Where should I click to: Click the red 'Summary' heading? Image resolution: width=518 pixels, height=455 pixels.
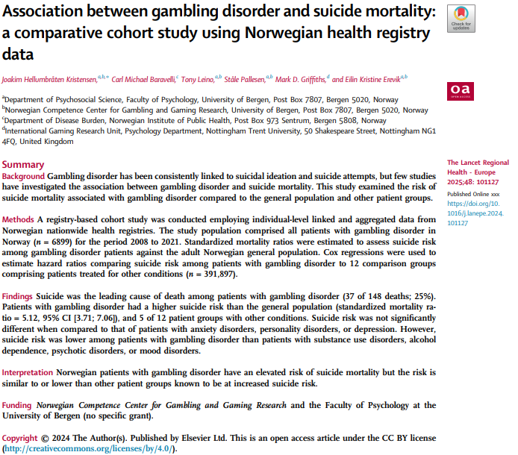click(23, 164)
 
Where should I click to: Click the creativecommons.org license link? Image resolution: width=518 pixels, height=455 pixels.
click(90, 449)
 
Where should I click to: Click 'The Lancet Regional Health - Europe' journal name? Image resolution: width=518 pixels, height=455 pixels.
click(478, 167)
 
